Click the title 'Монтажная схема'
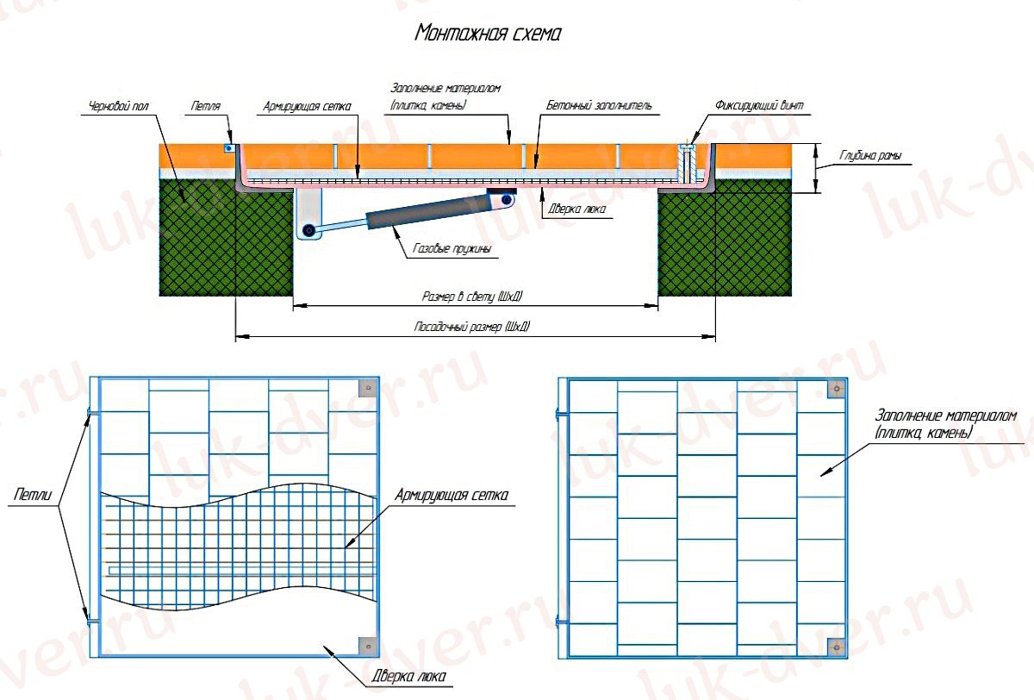(x=488, y=34)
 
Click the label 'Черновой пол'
(x=119, y=107)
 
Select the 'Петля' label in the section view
(x=206, y=106)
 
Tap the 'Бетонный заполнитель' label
(x=599, y=106)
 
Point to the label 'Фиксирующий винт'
(x=759, y=106)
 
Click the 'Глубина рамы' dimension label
(x=870, y=156)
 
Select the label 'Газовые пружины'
(x=452, y=248)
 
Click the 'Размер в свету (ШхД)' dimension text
(x=472, y=296)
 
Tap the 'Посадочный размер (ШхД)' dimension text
(x=472, y=327)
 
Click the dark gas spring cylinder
(x=428, y=212)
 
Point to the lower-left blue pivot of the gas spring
(x=308, y=230)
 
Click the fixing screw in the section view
(x=687, y=163)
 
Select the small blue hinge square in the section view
(x=228, y=148)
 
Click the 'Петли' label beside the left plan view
(x=33, y=495)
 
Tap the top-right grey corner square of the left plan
(x=369, y=388)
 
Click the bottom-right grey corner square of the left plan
(x=369, y=647)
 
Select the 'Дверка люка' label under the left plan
(x=409, y=677)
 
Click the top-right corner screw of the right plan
(x=837, y=389)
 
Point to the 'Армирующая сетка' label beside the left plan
(x=452, y=495)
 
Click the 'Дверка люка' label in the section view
(x=577, y=209)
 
